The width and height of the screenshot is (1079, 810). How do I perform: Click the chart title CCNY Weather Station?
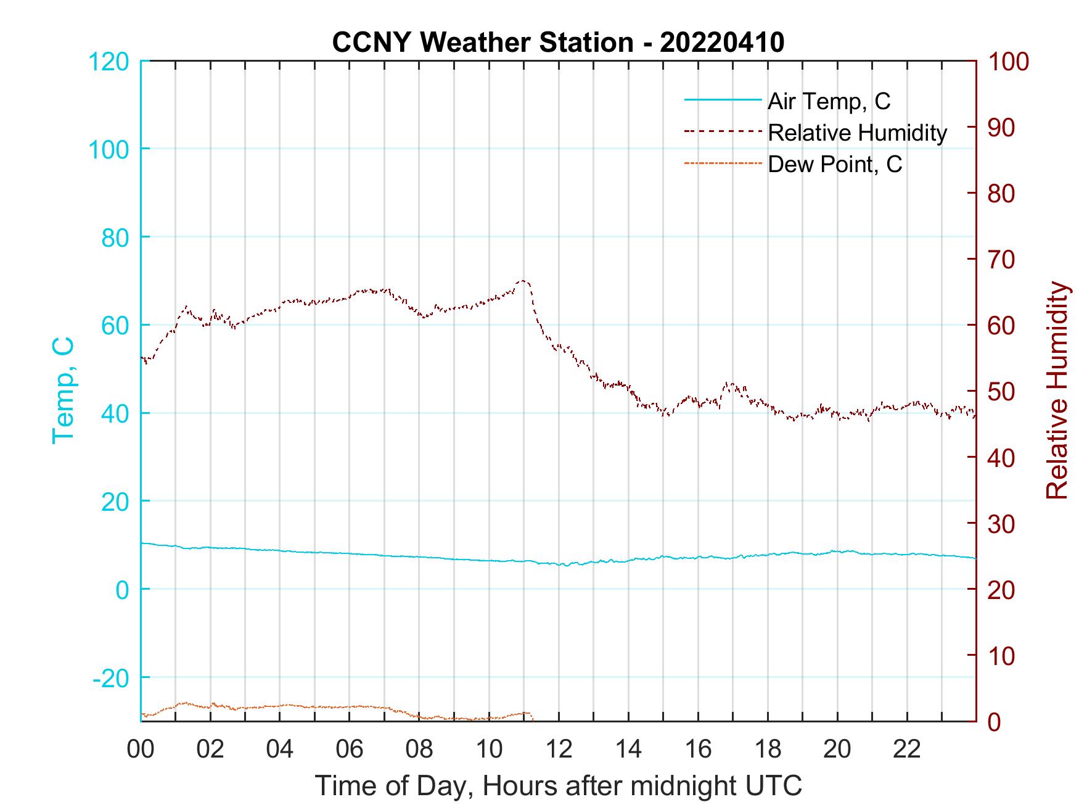pyautogui.click(x=482, y=43)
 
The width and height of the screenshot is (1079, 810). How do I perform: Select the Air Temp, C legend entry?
pyautogui.click(x=829, y=101)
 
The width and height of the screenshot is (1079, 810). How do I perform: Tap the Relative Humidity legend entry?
pyautogui.click(x=857, y=133)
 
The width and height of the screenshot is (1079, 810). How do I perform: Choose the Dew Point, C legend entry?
pyautogui.click(x=835, y=164)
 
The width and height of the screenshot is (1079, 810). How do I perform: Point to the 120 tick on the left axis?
pyautogui.click(x=109, y=62)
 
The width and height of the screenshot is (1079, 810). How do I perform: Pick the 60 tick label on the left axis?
pyautogui.click(x=115, y=325)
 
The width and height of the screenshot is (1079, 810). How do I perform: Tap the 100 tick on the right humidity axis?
pyautogui.click(x=1008, y=62)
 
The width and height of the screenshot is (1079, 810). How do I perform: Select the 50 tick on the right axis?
pyautogui.click(x=1001, y=392)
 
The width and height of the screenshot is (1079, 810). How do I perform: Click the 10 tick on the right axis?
pyautogui.click(x=1001, y=656)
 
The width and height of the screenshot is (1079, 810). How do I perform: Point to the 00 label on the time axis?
pyautogui.click(x=141, y=750)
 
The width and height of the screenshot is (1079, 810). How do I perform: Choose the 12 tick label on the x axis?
pyautogui.click(x=559, y=750)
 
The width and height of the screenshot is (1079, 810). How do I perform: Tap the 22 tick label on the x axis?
pyautogui.click(x=907, y=750)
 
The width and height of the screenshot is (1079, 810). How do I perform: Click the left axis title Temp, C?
pyautogui.click(x=63, y=390)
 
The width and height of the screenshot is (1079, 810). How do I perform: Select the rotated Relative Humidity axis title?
pyautogui.click(x=1057, y=390)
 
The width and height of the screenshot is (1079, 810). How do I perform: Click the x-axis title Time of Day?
pyautogui.click(x=558, y=787)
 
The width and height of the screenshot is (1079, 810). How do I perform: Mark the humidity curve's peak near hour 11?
pyautogui.click(x=523, y=281)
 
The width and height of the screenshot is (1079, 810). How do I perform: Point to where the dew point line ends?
pyautogui.click(x=531, y=719)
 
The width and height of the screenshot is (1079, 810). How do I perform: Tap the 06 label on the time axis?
pyautogui.click(x=350, y=750)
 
